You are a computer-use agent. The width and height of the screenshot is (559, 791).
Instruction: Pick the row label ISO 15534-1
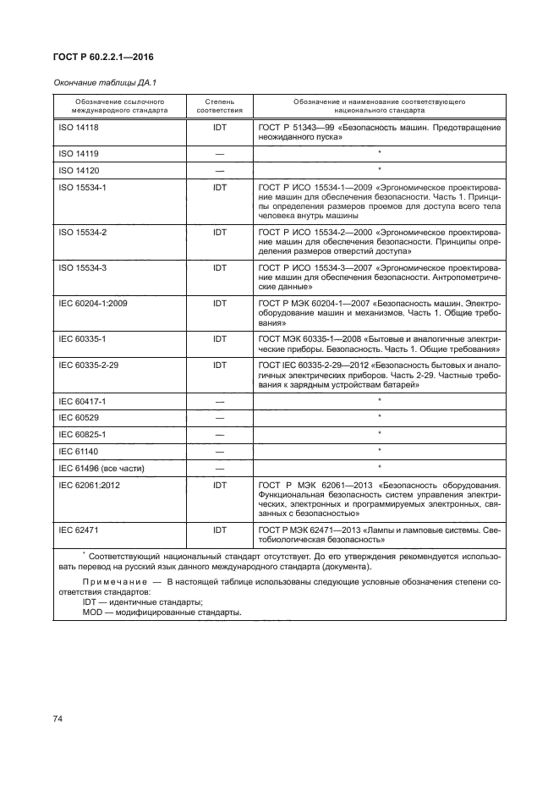pyautogui.click(x=81, y=186)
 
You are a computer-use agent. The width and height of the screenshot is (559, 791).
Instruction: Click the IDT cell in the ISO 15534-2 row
pyautogui.click(x=219, y=230)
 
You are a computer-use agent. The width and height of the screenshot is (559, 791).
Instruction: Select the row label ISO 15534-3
pyautogui.click(x=81, y=267)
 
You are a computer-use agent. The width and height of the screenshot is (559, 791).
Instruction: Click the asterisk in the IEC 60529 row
pyautogui.click(x=380, y=417)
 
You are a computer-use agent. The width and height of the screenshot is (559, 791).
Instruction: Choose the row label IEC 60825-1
pyautogui.click(x=81, y=434)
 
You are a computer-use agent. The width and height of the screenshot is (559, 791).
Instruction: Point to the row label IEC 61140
pyautogui.click(x=77, y=450)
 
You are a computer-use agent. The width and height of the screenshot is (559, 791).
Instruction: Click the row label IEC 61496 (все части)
pyautogui.click(x=100, y=466)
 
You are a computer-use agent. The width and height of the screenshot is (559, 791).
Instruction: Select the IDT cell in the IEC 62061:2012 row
pyautogui.click(x=219, y=485)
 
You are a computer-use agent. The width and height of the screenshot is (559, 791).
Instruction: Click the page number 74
pyautogui.click(x=58, y=718)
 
